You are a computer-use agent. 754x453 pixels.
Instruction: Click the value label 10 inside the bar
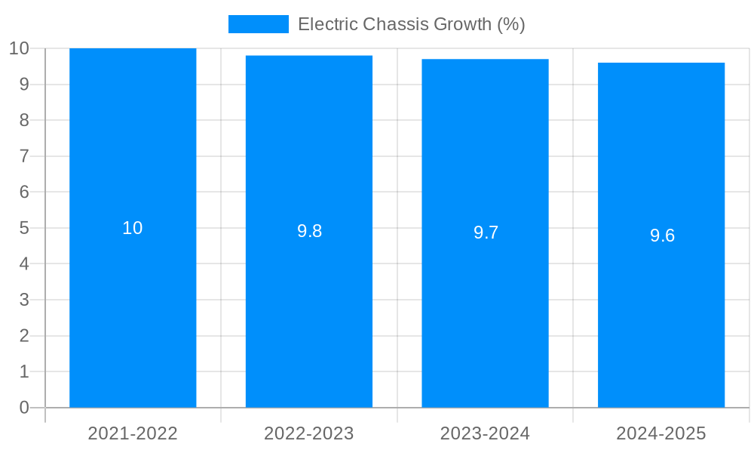[133, 228]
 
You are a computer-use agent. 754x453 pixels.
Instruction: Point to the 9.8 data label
[309, 232]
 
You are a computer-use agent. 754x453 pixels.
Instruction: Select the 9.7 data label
[486, 233]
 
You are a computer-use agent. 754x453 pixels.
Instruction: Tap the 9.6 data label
[662, 236]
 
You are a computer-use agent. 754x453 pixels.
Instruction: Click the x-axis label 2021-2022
[133, 433]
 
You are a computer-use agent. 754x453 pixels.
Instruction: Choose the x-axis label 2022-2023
[309, 433]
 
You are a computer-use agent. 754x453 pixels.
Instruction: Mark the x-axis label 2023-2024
[485, 433]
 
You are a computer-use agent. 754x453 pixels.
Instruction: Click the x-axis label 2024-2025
[661, 433]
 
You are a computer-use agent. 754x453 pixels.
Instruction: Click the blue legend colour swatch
[258, 24]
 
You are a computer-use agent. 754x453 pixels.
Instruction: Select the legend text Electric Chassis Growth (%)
[411, 24]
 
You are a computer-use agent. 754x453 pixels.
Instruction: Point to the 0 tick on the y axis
[24, 408]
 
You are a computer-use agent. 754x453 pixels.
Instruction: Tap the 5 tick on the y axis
[24, 228]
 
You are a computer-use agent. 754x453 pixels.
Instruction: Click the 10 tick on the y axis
[20, 48]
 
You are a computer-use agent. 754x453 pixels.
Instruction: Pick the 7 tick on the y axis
[24, 156]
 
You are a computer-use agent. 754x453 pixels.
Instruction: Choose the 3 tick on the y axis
[24, 300]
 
